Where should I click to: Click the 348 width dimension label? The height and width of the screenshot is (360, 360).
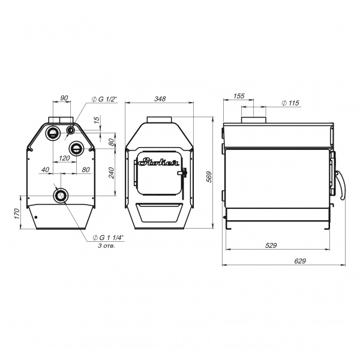coord(160,99)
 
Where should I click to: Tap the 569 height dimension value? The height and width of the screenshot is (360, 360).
coord(209,177)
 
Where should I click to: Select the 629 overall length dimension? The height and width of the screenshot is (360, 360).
coord(300,261)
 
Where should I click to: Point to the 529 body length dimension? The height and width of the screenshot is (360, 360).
coord(271,245)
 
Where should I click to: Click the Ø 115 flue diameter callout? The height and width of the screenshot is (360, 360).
coord(290,103)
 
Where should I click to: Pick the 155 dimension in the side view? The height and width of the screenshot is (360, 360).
coord(239,96)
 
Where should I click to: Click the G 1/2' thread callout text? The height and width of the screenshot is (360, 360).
coord(104,99)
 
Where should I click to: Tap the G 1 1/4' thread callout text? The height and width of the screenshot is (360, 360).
coord(109,238)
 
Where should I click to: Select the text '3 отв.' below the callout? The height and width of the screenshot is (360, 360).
coord(107,246)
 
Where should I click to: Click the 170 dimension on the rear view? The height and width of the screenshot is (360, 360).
coord(17,214)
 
